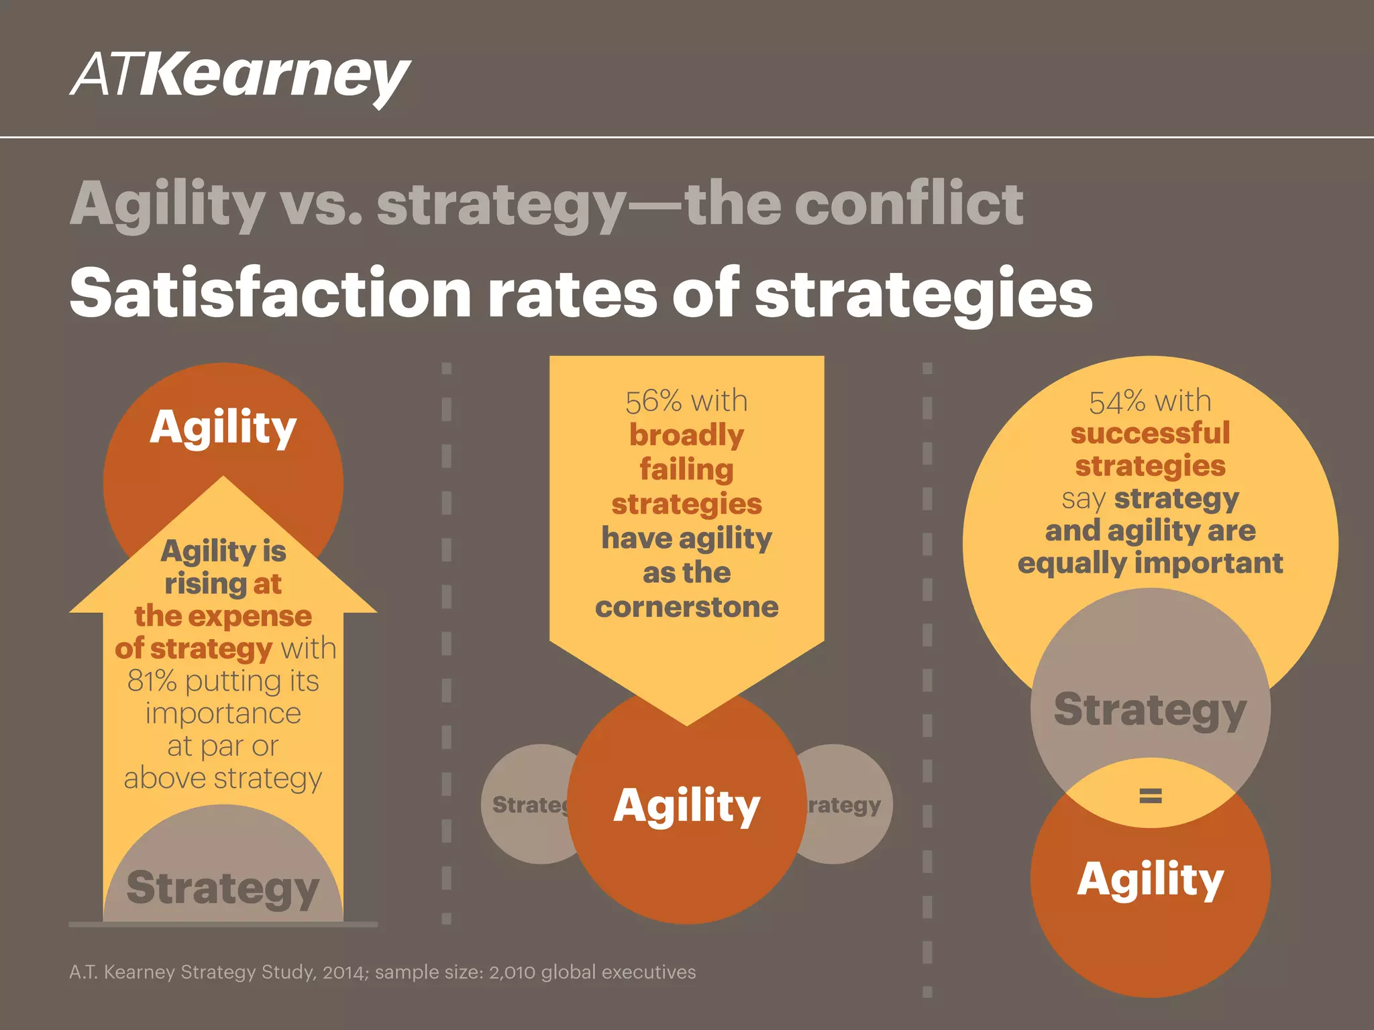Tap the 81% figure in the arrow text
pyautogui.click(x=152, y=681)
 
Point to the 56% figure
pyautogui.click(x=653, y=401)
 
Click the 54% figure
pyautogui.click(x=1117, y=402)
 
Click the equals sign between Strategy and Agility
pyautogui.click(x=1150, y=795)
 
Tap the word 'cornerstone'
pyautogui.click(x=686, y=607)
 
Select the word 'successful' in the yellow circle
pyautogui.click(x=1150, y=433)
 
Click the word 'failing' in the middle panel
pyautogui.click(x=686, y=469)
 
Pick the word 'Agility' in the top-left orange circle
pyautogui.click(x=223, y=427)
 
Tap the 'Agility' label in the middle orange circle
pyautogui.click(x=686, y=805)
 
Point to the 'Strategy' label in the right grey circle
pyautogui.click(x=1150, y=709)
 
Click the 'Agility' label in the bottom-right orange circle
pyautogui.click(x=1150, y=879)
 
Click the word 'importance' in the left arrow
pyautogui.click(x=223, y=713)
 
